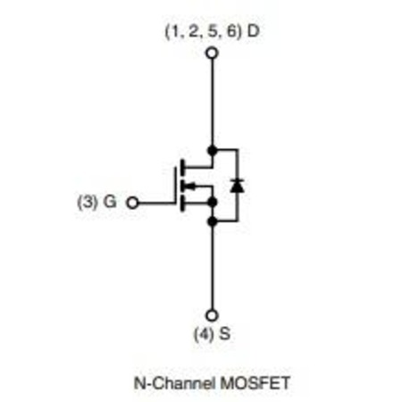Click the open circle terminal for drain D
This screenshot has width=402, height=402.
[212, 54]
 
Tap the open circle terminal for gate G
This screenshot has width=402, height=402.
[132, 203]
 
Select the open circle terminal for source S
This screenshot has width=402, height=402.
[212, 315]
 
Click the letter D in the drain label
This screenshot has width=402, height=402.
[254, 31]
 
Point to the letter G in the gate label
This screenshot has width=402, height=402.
[110, 202]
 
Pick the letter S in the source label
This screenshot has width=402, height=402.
[225, 334]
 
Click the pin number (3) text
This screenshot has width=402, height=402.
[88, 202]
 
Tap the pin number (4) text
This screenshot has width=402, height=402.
[204, 334]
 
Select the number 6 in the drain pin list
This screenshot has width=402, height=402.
[231, 31]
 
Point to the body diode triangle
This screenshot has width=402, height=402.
[238, 186]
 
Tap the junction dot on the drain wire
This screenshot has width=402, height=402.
[212, 151]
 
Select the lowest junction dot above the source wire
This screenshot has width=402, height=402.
[212, 222]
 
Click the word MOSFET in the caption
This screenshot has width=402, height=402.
[255, 383]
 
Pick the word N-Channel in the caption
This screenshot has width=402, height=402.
[174, 383]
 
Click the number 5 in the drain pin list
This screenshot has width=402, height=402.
[213, 31]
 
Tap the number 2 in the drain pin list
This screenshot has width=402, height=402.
[194, 31]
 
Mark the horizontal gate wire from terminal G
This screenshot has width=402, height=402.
[156, 203]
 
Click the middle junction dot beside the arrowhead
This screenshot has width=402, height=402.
[212, 202]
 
